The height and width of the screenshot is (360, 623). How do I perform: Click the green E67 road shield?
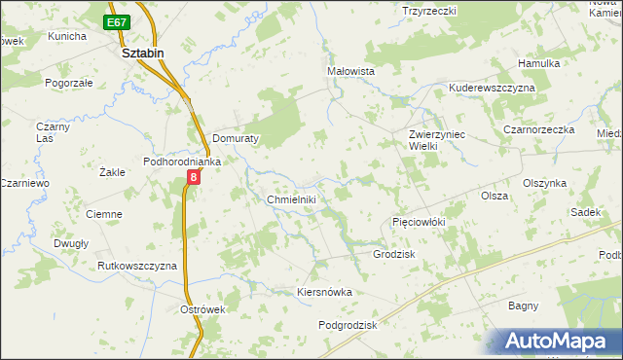[118, 21]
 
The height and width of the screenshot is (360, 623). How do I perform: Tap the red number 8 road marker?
[194, 177]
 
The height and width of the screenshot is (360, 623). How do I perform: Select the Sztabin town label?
[142, 54]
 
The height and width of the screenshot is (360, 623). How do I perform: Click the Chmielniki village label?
[291, 199]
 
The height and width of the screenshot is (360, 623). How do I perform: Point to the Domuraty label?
[235, 139]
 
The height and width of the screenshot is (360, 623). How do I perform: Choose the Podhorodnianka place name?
[184, 162]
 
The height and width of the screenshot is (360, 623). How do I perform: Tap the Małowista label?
[351, 71]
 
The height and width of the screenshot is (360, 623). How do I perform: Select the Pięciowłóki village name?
[419, 222]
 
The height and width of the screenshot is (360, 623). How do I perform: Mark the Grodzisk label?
[394, 254]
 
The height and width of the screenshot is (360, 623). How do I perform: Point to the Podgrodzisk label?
[348, 325]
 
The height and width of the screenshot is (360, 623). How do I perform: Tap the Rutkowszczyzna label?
[137, 266]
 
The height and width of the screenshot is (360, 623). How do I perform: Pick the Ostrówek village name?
[203, 309]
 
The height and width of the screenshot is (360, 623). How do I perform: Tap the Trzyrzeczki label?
[429, 10]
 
